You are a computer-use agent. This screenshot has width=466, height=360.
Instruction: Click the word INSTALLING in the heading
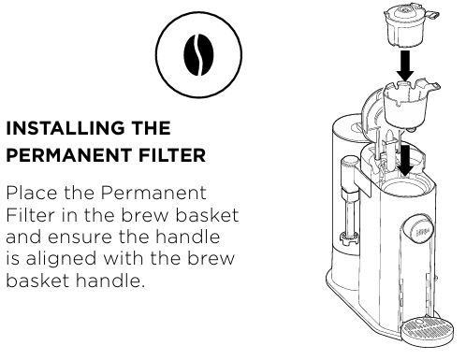tap(65, 128)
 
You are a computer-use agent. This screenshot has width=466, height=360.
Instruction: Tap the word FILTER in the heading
tap(172, 155)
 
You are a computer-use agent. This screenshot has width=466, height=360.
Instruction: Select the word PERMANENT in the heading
tap(69, 155)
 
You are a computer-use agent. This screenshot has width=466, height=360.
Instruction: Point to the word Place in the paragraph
tap(32, 194)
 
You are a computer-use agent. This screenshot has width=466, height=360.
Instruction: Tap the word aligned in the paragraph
tap(61, 260)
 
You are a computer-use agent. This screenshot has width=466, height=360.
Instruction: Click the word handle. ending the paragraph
tap(110, 281)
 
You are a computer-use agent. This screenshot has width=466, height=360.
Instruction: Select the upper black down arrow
tap(405, 65)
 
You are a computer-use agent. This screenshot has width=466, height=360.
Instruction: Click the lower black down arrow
tap(405, 161)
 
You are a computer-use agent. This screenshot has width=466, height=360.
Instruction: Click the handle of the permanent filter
tap(431, 15)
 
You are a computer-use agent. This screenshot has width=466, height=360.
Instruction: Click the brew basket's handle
tap(433, 86)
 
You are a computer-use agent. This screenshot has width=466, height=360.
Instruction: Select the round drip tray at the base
tap(427, 331)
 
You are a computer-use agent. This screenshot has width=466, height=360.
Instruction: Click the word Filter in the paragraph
tap(30, 215)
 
